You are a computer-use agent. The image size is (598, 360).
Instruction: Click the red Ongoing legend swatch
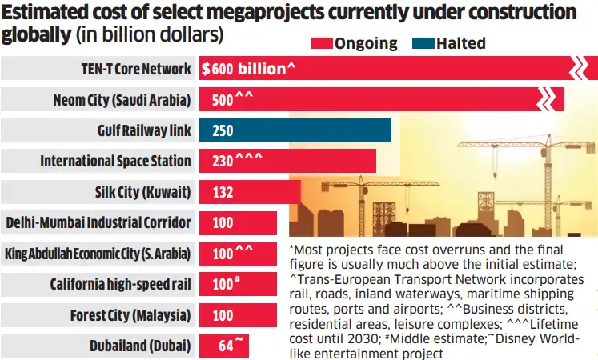320,43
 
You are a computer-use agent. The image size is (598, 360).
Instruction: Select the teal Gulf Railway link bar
295,130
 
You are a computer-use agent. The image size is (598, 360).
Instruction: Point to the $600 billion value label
249,69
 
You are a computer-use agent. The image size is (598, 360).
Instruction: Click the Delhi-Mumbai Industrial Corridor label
98,222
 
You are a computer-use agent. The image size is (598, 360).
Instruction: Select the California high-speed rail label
121,284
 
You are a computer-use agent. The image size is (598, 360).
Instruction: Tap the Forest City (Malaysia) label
130,315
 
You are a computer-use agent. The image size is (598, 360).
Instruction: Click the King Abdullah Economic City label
98,254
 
